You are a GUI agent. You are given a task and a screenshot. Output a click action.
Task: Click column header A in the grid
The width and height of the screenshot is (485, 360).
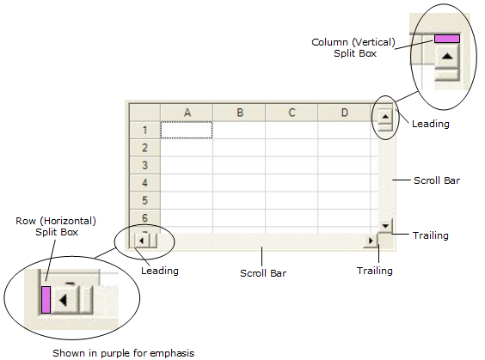pyautogui.click(x=187, y=113)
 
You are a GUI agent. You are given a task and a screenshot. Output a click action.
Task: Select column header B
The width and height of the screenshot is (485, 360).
pyautogui.click(x=239, y=113)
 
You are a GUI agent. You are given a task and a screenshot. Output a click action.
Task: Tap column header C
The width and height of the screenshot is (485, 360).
pyautogui.click(x=292, y=113)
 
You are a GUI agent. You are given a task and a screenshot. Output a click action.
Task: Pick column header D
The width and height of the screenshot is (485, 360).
pyautogui.click(x=344, y=113)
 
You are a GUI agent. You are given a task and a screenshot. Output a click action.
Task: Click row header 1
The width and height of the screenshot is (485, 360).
pyautogui.click(x=144, y=130)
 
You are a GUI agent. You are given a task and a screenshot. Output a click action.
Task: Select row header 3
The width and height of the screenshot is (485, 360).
pyautogui.click(x=144, y=165)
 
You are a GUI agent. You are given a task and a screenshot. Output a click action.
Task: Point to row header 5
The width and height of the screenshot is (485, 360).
pyautogui.click(x=144, y=200)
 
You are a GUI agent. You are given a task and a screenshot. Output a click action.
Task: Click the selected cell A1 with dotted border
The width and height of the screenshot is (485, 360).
pyautogui.click(x=187, y=130)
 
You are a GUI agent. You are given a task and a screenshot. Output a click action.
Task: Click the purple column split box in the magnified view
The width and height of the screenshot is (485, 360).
pyautogui.click(x=446, y=38)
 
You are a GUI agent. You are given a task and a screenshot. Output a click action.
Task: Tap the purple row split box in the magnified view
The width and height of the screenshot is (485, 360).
pyautogui.click(x=46, y=300)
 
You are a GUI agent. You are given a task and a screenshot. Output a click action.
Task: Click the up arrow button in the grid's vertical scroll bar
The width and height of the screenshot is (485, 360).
pyautogui.click(x=385, y=115)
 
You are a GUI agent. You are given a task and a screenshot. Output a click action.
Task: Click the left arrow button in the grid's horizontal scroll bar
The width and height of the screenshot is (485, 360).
pyautogui.click(x=143, y=241)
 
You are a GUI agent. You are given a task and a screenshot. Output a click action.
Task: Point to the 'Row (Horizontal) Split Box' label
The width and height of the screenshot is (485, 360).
pyautogui.click(x=51, y=226)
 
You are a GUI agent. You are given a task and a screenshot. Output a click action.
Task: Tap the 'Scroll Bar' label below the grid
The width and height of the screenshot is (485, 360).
pyautogui.click(x=262, y=273)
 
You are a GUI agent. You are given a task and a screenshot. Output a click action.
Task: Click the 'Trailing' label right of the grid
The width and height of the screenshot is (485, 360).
pyautogui.click(x=431, y=235)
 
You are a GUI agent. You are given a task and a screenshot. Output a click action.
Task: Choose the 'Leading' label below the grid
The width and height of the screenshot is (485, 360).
pyautogui.click(x=159, y=271)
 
